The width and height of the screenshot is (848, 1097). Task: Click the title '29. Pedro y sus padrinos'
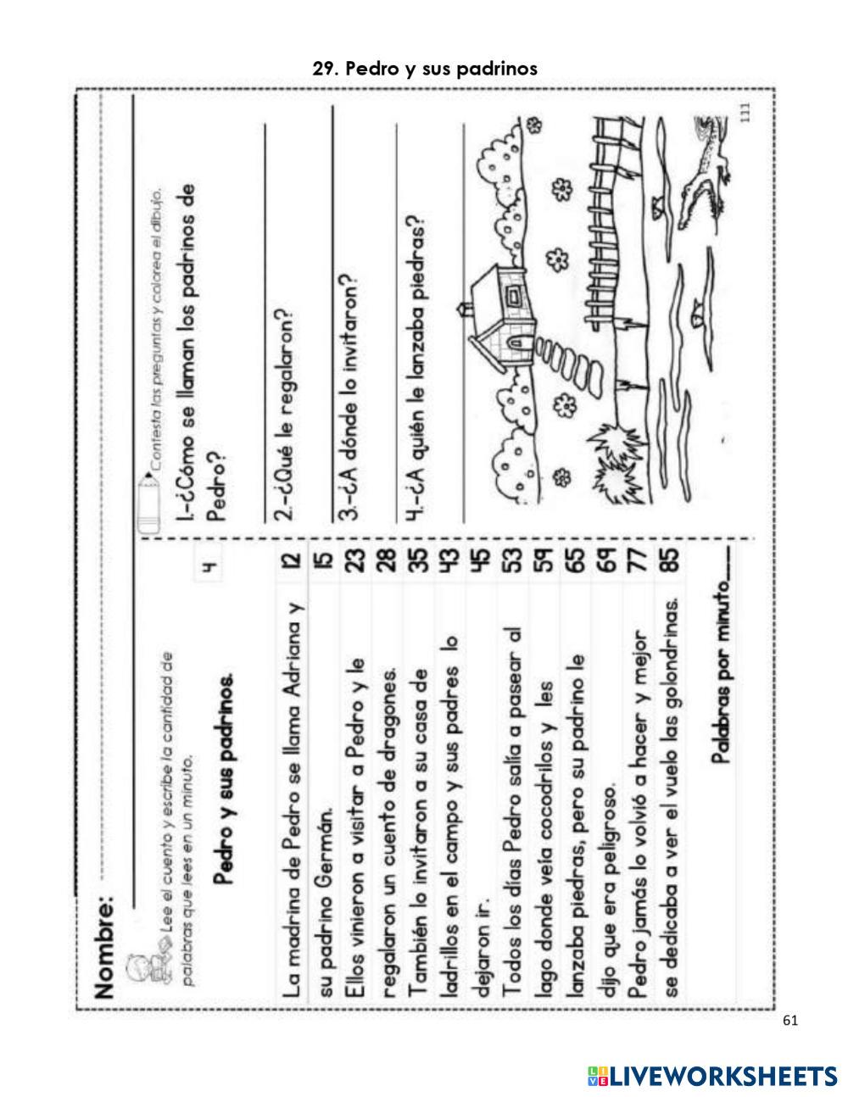click(x=425, y=69)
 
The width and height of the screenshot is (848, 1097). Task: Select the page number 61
click(x=790, y=1021)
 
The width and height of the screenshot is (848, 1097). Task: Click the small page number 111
click(x=746, y=112)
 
